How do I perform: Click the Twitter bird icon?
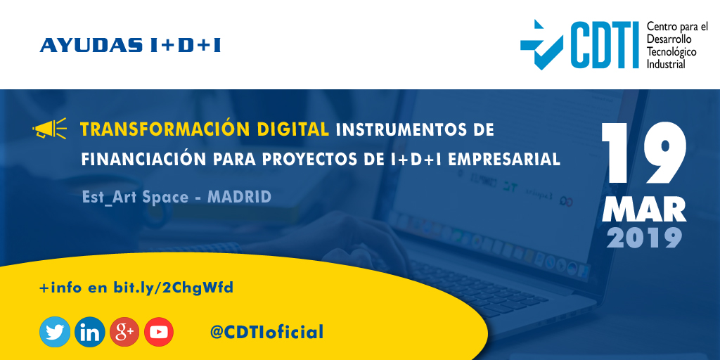55,332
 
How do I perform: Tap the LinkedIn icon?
89,332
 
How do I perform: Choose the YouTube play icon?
159,332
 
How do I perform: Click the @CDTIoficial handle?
267,332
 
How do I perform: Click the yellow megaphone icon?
49,129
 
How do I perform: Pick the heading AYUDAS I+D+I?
131,46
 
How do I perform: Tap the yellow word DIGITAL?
295,129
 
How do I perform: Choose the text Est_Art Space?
135,197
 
